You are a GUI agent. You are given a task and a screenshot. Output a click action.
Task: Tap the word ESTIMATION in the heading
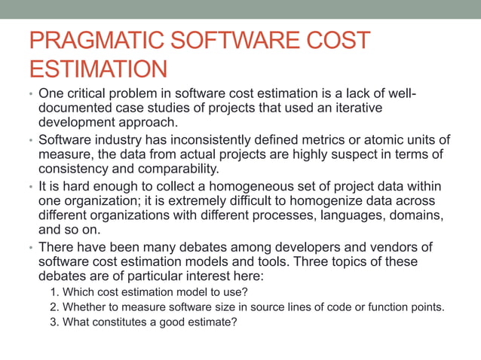coord(97,70)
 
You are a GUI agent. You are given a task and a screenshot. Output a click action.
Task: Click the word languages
coord(363,215)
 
